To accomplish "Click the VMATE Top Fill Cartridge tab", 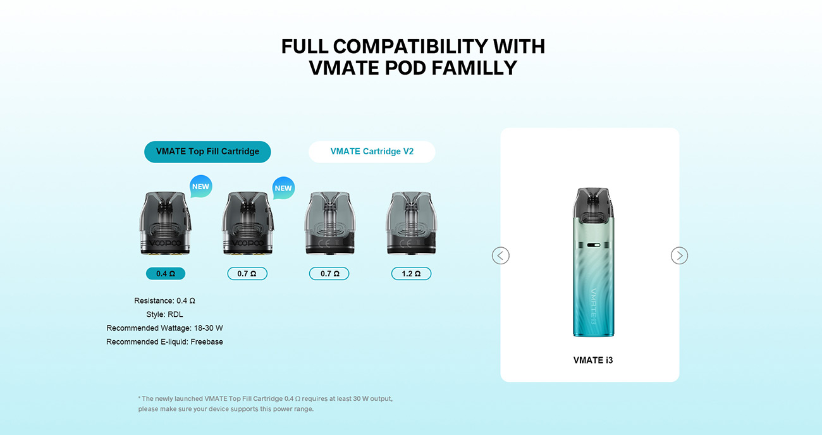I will coord(207,152).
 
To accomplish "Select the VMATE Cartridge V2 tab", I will coord(372,152).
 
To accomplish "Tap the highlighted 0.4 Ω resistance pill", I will coord(166,274).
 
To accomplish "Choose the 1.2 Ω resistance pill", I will coord(411,274).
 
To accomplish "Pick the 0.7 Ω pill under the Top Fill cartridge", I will coord(247,274).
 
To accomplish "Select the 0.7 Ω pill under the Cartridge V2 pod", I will coord(329,274).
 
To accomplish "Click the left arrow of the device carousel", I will coord(500,255).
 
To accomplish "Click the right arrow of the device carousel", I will coord(679,255).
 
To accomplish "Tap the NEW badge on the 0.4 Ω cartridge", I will coord(200,187).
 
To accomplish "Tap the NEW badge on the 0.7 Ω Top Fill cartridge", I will coord(283,188).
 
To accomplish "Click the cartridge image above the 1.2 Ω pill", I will coord(411,223).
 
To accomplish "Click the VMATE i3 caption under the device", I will coord(592,360).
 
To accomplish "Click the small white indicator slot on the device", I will coord(592,245).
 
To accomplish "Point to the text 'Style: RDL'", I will coord(164,314).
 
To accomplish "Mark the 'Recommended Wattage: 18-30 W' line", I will coord(164,328).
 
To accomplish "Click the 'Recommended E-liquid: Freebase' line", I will coord(164,342).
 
